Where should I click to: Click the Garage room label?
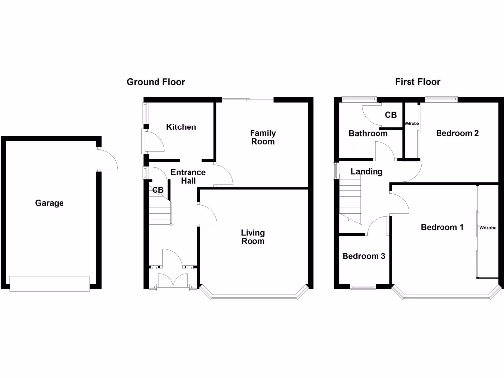[49, 203]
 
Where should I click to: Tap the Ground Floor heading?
[156, 82]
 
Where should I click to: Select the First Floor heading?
[417, 82]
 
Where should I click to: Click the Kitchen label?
[181, 127]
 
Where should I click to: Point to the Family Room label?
[262, 137]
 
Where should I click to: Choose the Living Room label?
[252, 237]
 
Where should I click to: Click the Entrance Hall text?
[188, 177]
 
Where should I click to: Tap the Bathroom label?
[368, 133]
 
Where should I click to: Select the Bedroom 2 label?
[457, 133]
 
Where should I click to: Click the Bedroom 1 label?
[442, 227]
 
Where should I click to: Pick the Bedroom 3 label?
[364, 256]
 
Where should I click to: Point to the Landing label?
[367, 172]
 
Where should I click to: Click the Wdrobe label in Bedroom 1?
[487, 228]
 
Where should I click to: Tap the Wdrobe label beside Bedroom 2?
[411, 123]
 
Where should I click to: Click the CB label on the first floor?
[391, 115]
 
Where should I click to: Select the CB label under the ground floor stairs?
[158, 190]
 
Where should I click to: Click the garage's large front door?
[49, 283]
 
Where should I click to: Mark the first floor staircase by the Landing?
[350, 199]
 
